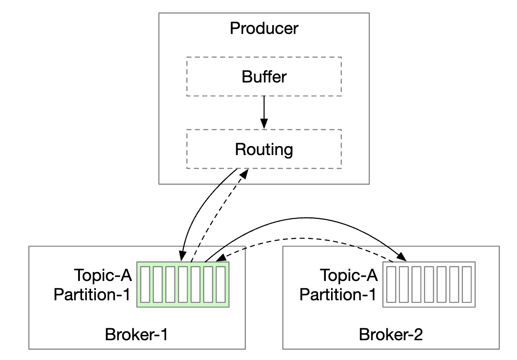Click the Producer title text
264,29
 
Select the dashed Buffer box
264,76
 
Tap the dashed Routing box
264,149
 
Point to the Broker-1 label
136,334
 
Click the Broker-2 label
391,334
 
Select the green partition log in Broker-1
183,284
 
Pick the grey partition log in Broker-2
429,284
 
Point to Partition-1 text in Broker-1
91,295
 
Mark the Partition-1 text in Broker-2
338,295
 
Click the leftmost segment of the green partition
145,284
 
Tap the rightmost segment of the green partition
221,284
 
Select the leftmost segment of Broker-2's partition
391,284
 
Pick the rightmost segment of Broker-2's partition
466,284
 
